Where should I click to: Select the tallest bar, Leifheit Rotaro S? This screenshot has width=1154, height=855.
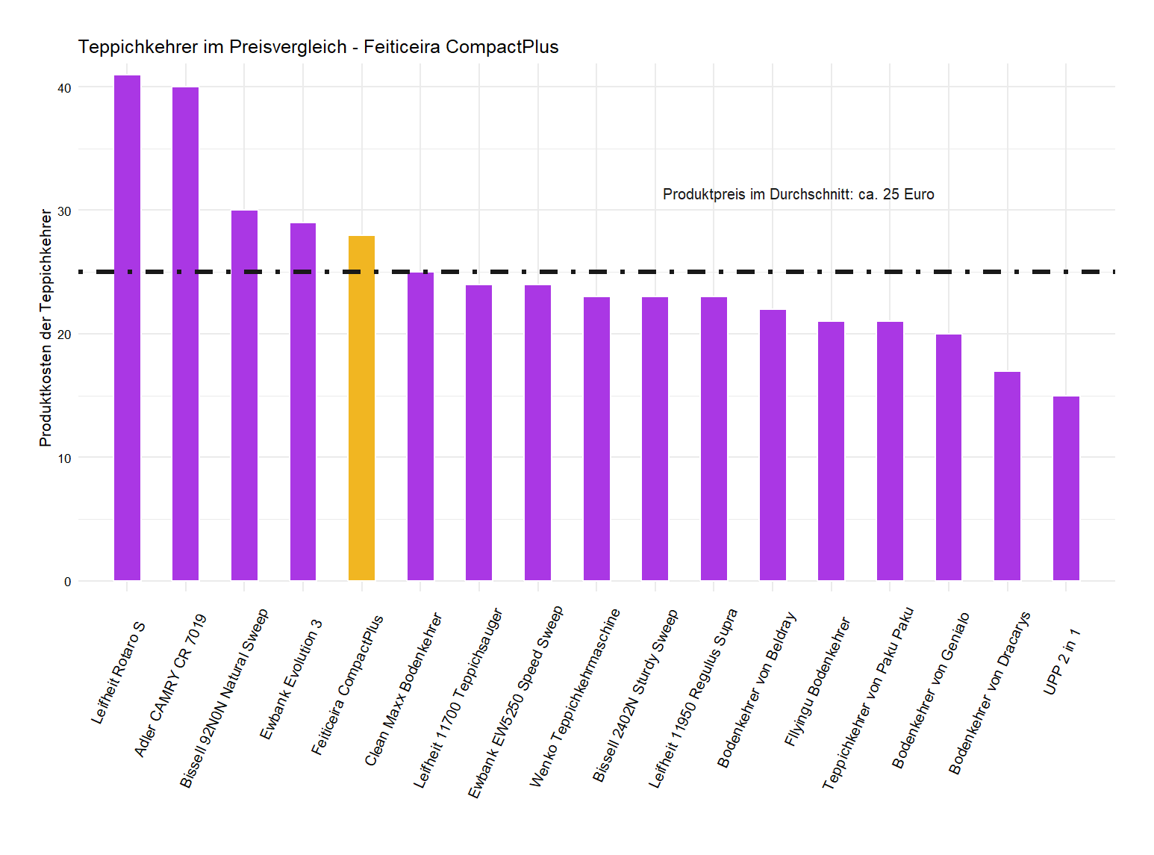pyautogui.click(x=127, y=328)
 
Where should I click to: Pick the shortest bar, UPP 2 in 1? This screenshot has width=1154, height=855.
pyautogui.click(x=1066, y=488)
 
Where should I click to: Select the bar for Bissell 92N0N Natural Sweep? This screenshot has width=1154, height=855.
pyautogui.click(x=244, y=395)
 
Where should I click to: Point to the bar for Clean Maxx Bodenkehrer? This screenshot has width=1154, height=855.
pyautogui.click(x=420, y=426)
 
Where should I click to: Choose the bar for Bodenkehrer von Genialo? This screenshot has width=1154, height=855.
pyautogui.click(x=949, y=457)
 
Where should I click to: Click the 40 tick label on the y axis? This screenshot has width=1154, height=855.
pyautogui.click(x=64, y=88)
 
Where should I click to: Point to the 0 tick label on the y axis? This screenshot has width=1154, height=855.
pyautogui.click(x=68, y=582)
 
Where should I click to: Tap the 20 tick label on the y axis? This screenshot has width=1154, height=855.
pyautogui.click(x=64, y=335)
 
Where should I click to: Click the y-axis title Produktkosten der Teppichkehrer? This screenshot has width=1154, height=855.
pyautogui.click(x=46, y=328)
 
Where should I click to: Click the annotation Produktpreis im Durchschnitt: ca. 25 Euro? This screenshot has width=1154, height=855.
pyautogui.click(x=798, y=194)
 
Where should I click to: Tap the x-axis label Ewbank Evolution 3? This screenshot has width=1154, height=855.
pyautogui.click(x=291, y=680)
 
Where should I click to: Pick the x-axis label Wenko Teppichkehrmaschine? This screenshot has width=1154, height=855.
pyautogui.click(x=575, y=697)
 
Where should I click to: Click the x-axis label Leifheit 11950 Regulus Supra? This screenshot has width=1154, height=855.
pyautogui.click(x=693, y=698)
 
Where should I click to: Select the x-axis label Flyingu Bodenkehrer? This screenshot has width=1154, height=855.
pyautogui.click(x=817, y=681)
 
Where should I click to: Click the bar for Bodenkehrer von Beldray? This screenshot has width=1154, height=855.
pyautogui.click(x=773, y=445)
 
